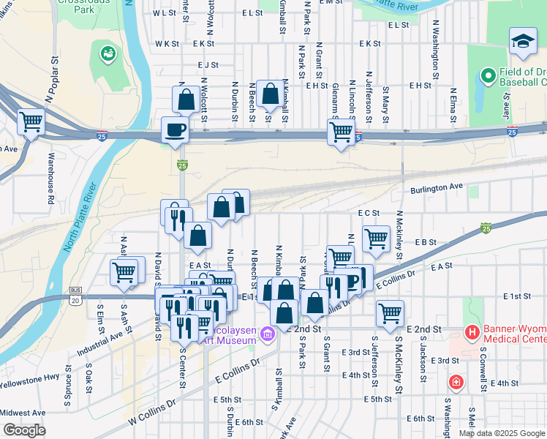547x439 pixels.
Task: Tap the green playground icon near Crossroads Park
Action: (x=107, y=54)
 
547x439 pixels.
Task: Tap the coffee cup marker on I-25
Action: (x=174, y=130)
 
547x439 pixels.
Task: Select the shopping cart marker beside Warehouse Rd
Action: (x=31, y=122)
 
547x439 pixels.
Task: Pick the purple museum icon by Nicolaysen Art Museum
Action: (x=268, y=335)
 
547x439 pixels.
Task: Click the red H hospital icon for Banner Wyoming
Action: (x=472, y=333)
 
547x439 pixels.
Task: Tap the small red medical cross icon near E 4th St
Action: (x=456, y=383)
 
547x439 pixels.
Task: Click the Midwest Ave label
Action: (x=23, y=413)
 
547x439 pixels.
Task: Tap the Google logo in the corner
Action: (x=24, y=430)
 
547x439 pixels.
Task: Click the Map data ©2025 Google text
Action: (x=502, y=433)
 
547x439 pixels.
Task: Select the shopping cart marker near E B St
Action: (x=376, y=238)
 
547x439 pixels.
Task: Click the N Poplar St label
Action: (x=50, y=79)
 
